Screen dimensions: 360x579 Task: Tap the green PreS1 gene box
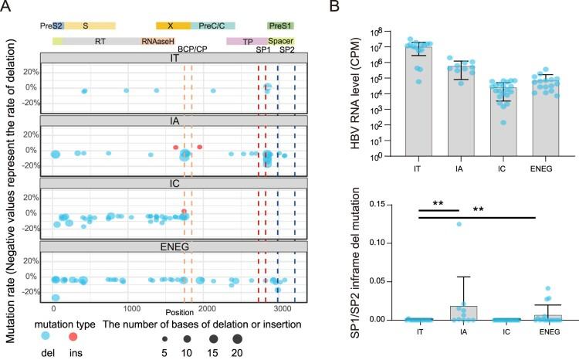tap(279, 25)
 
